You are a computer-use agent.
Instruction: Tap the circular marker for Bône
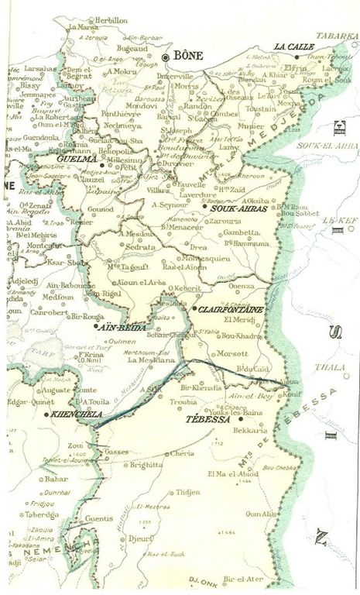(x=166, y=57)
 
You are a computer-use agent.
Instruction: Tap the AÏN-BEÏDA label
(x=116, y=327)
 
